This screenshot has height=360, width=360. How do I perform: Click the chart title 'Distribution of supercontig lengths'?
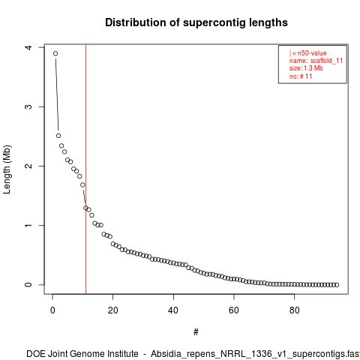click(x=196, y=22)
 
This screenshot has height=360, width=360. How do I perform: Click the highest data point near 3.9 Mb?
click(x=55, y=53)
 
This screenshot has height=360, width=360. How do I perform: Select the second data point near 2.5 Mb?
click(x=58, y=136)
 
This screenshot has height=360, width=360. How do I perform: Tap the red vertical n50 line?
click(x=85, y=169)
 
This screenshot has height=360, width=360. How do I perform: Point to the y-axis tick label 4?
click(x=28, y=47)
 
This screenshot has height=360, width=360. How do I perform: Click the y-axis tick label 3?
click(x=28, y=106)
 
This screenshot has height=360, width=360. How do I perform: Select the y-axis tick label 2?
click(x=28, y=166)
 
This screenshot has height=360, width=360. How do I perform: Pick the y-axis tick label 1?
click(x=28, y=225)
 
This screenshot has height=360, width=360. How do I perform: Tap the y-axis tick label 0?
click(x=28, y=284)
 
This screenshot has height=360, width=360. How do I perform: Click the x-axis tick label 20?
click(x=113, y=310)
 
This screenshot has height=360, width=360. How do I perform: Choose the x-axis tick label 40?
click(x=173, y=310)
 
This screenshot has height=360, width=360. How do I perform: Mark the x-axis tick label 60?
click(x=234, y=310)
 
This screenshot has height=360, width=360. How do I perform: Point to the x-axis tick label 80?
click(x=295, y=310)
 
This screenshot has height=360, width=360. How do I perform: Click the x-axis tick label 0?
click(x=52, y=310)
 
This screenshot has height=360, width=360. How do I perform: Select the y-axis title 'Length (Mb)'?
click(x=7, y=169)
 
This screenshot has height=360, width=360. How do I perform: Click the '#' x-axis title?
click(x=196, y=332)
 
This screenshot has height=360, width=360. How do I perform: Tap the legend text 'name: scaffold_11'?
click(x=316, y=61)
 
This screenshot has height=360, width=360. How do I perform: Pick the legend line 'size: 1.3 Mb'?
click(x=306, y=68)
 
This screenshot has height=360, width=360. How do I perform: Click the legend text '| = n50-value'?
click(x=308, y=53)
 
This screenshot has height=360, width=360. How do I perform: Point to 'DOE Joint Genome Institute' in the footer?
click(x=82, y=354)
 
